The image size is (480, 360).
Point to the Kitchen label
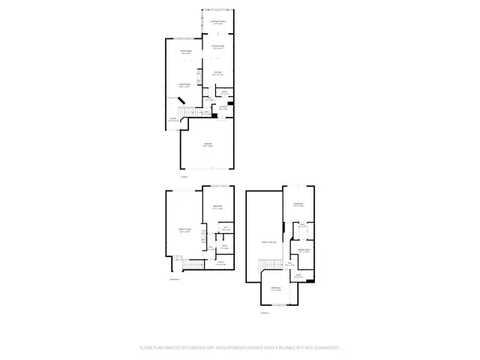point(217,73)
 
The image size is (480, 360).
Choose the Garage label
point(207,145)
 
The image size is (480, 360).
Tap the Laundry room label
point(223,107)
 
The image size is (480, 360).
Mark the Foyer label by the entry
point(172,119)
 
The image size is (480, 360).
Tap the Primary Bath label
point(304,250)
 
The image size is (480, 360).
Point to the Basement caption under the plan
point(175,279)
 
